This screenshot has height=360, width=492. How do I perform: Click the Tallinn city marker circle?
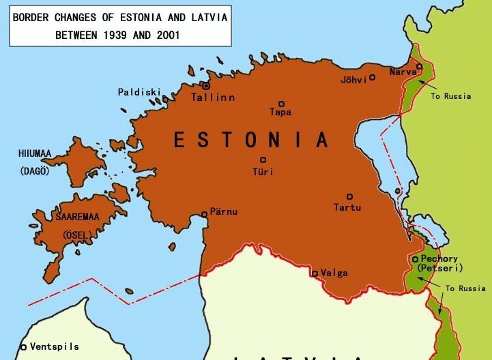pyautogui.click(x=205, y=86)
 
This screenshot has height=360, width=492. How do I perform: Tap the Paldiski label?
pyautogui.click(x=140, y=92)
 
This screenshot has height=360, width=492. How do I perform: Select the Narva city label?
pyautogui.click(x=402, y=72)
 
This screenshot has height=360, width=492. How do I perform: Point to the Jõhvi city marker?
pyautogui.click(x=372, y=78)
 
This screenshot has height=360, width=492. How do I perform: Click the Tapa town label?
pyautogui.click(x=280, y=112)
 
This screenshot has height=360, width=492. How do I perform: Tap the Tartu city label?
pyautogui.click(x=347, y=207)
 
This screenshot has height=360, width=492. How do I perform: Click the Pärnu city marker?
pyautogui.click(x=204, y=214)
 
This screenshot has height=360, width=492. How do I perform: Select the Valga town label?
pyautogui.click(x=334, y=273)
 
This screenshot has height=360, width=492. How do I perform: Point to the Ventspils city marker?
pyautogui.click(x=23, y=347)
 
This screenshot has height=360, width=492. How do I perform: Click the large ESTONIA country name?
pyautogui.click(x=251, y=140)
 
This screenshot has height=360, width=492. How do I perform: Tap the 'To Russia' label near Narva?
pyautogui.click(x=451, y=96)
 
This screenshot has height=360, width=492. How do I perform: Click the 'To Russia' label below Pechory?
pyautogui.click(x=465, y=288)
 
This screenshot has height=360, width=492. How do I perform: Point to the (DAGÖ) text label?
pyautogui.click(x=35, y=170)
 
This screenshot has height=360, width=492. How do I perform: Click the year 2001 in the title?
pyautogui.click(x=164, y=33)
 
